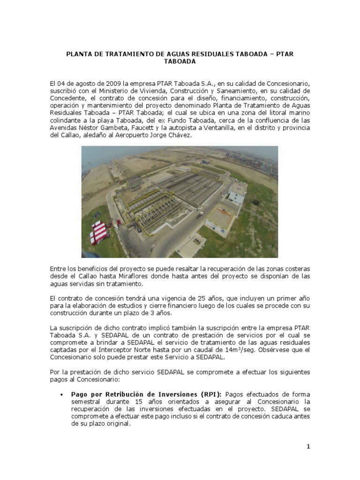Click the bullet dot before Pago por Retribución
[x=62, y=395]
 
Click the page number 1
[x=308, y=447]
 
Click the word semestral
[x=87, y=402]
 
